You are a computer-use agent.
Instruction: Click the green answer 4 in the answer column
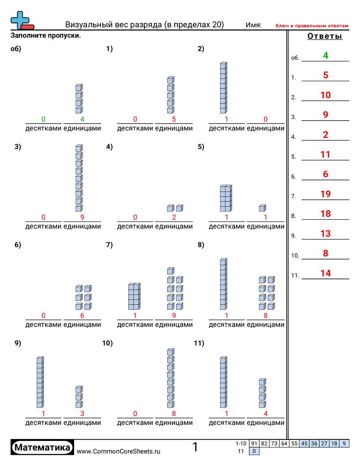point(326,56)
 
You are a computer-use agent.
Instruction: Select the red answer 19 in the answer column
point(326,194)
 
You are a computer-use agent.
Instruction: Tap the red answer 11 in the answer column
point(326,154)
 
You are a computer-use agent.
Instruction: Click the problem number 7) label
point(109,245)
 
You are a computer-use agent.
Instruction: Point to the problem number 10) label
point(107,343)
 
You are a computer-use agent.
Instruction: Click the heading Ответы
point(325,37)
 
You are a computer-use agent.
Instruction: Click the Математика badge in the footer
point(42,447)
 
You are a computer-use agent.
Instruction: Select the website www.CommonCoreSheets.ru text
point(119,451)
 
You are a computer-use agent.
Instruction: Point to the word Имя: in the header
point(254,25)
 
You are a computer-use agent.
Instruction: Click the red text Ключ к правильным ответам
point(312,26)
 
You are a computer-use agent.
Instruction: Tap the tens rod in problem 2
point(224,88)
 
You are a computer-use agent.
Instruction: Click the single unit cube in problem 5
point(262,208)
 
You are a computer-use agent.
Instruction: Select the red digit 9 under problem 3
point(82,217)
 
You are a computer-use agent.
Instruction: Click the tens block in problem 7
point(134,297)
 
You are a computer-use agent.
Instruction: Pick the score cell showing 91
point(254,443)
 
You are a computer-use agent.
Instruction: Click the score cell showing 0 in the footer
point(255,451)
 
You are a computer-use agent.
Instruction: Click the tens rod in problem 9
point(40,382)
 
